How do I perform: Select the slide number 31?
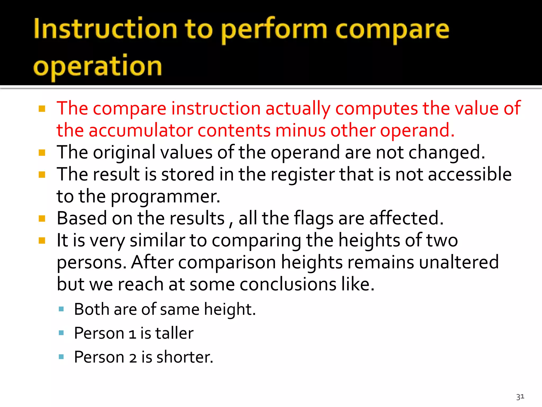point(520,397)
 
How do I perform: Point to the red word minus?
point(300,130)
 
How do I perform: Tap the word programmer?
point(165,197)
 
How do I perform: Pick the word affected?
point(406,218)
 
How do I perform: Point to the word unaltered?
point(459,262)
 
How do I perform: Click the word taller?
point(174,333)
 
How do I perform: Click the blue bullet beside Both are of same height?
point(61,309)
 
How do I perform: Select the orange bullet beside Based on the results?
point(42,219)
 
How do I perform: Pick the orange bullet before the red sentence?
point(42,109)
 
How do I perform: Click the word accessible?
point(469,174)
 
